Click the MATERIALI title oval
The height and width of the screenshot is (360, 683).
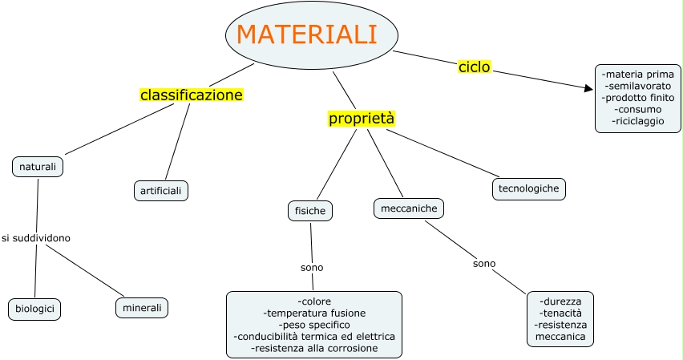[x=312, y=34]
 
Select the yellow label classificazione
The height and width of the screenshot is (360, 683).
[x=191, y=95]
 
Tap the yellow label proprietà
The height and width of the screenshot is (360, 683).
[x=362, y=119]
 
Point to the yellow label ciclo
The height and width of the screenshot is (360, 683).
[x=474, y=67]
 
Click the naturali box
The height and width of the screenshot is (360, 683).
[x=38, y=167]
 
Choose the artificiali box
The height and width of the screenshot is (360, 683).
[x=160, y=191]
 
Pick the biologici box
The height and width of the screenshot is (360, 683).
[x=34, y=308]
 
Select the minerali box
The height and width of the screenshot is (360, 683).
[x=142, y=307]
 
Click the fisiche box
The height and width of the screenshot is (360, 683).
[x=310, y=211]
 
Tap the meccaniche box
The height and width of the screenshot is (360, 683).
[x=409, y=208]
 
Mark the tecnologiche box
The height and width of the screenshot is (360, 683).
[x=528, y=188]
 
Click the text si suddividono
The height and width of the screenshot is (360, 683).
[x=36, y=238]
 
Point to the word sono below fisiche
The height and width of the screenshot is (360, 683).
[x=312, y=267]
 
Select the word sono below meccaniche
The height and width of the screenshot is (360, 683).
[x=484, y=263]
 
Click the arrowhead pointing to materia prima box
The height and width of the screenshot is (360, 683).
[x=589, y=87]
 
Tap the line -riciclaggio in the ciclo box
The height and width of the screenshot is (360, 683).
[x=637, y=120]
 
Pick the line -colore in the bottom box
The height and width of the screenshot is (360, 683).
[x=314, y=301]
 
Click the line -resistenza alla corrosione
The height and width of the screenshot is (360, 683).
[x=314, y=348]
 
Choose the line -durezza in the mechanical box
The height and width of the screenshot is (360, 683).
[x=560, y=301]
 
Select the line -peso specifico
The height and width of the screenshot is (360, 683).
[x=314, y=325]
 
